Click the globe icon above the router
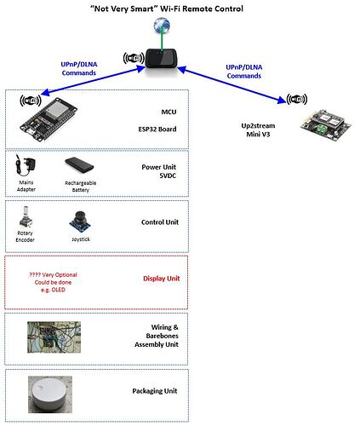tap(162, 26)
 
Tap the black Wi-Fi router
tap(161, 58)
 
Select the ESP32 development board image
tap(49, 119)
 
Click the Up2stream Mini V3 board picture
tap(326, 125)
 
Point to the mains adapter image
tap(26, 165)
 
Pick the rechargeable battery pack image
tap(79, 164)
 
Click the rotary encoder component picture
tap(26, 217)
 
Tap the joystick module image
tap(80, 222)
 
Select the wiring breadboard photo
tap(54, 337)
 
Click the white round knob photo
tap(50, 394)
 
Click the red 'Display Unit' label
tap(161, 279)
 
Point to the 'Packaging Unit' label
tap(155, 391)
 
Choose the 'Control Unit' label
tap(160, 222)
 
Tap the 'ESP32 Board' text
tap(157, 130)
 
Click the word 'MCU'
tap(169, 112)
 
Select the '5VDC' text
tap(168, 176)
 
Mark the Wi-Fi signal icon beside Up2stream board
tap(297, 99)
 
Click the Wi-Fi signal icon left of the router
tap(134, 58)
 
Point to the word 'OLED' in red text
tap(59, 290)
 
